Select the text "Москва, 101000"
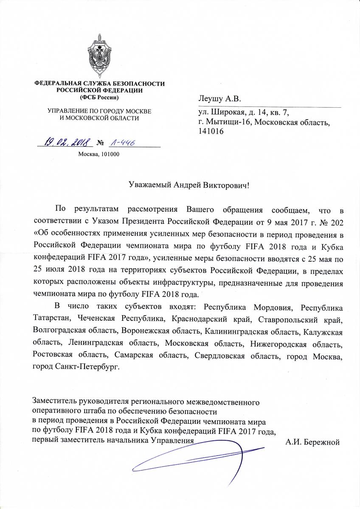click(99, 154)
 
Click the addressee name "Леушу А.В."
click(219, 99)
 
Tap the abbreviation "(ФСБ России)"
click(99, 98)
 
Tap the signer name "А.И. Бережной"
click(313, 442)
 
